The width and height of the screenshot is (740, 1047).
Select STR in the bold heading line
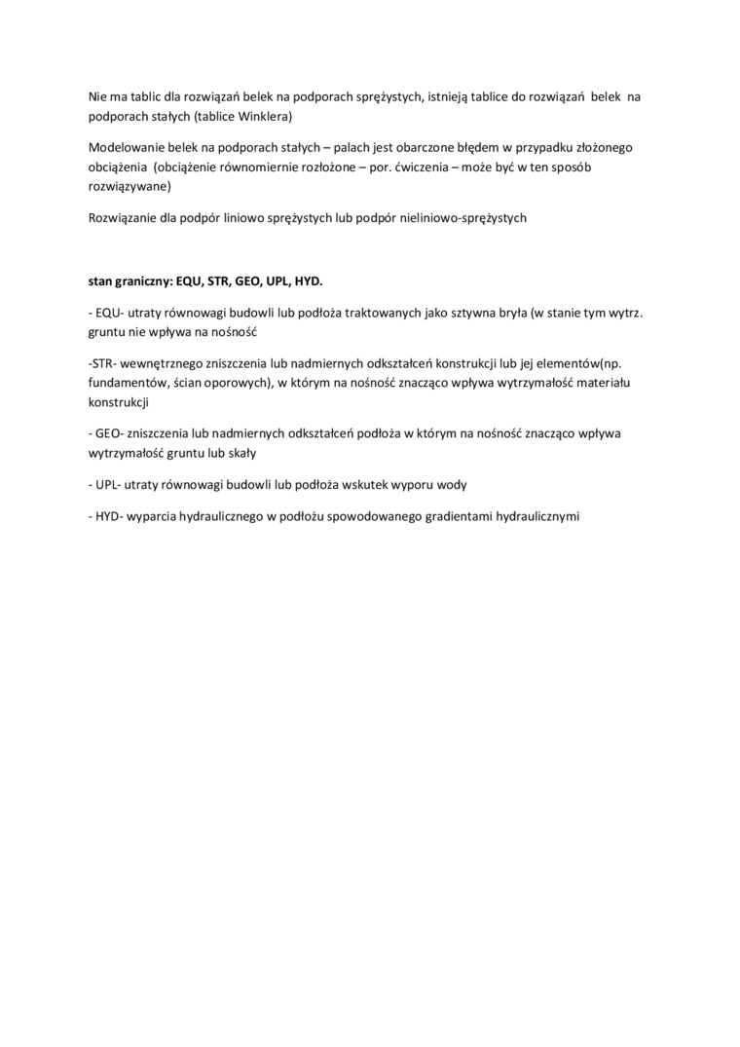(x=220, y=280)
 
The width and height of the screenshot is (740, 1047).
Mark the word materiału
(x=604, y=383)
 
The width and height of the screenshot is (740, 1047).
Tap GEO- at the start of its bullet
(x=108, y=433)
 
